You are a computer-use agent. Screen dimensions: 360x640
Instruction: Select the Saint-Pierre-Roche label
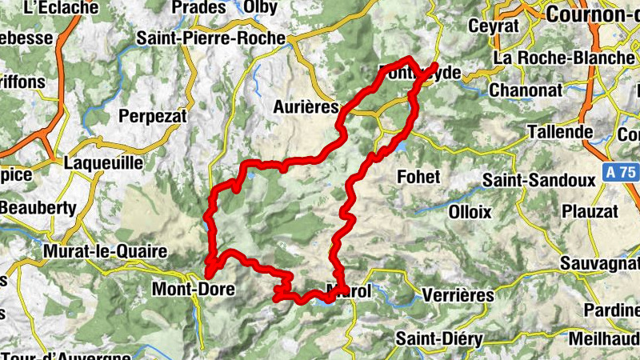[210, 38]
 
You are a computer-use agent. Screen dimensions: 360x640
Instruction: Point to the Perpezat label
[152, 116]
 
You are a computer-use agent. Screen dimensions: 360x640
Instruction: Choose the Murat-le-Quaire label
[106, 252]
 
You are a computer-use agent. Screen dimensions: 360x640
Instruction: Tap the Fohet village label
[419, 176]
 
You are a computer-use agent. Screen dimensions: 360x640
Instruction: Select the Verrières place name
[456, 295]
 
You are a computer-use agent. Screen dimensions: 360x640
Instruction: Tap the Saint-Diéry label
[439, 339]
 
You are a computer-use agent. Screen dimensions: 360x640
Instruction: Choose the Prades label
[198, 7]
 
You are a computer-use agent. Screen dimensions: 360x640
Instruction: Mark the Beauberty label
[38, 208]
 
